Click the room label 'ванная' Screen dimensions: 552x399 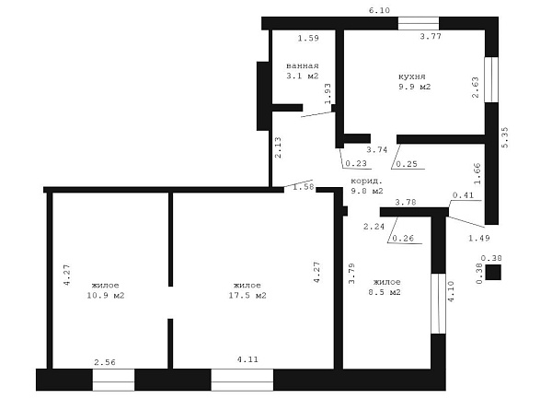(303, 66)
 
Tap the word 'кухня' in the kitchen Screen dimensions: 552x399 (412, 76)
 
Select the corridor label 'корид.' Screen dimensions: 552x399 (366, 182)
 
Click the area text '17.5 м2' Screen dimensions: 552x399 (247, 296)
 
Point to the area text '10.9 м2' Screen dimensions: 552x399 (106, 296)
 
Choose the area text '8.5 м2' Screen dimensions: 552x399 (385, 292)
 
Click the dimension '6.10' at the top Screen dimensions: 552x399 (379, 10)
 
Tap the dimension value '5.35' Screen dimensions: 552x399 (505, 137)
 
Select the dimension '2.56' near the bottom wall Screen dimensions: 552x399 (105, 362)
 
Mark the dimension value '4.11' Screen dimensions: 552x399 (247, 359)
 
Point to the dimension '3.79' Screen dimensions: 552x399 (351, 274)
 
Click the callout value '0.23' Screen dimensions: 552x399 (356, 163)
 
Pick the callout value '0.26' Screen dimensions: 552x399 (403, 239)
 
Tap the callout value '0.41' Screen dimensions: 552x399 (464, 195)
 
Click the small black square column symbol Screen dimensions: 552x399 (493, 273)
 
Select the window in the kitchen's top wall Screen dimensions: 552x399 (419, 23)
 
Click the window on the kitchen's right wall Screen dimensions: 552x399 (491, 79)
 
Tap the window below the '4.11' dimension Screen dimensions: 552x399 (242, 380)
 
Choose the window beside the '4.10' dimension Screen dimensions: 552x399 (439, 303)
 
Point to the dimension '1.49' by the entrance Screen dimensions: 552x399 (479, 239)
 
